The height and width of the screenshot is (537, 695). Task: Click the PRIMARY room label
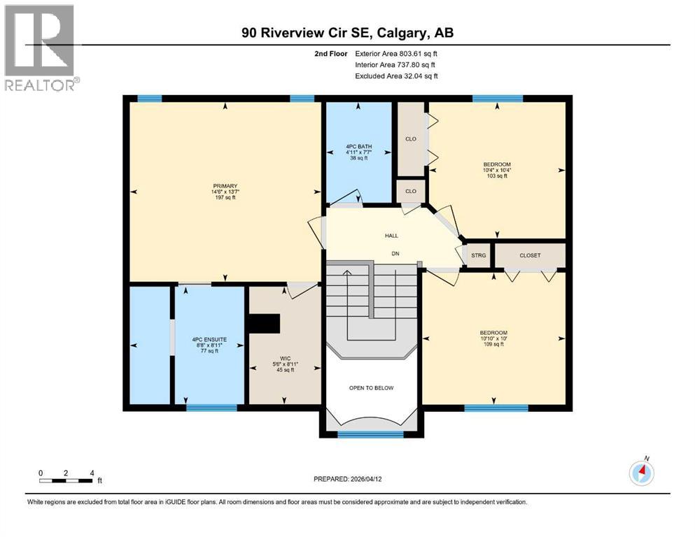[221, 185]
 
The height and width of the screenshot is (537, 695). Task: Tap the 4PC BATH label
[357, 146]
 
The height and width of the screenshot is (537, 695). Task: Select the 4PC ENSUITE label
[209, 340]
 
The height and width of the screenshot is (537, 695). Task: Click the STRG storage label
[479, 255]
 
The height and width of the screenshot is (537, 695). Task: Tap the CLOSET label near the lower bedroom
[530, 255]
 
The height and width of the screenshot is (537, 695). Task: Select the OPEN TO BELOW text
[372, 387]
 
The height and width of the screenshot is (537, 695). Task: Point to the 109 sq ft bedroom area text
[493, 344]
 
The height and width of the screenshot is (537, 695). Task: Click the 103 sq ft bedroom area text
[496, 176]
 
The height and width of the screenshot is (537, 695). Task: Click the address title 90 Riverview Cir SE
[347, 34]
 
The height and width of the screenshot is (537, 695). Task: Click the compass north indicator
[642, 473]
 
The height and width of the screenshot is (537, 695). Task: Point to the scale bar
[66, 480]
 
